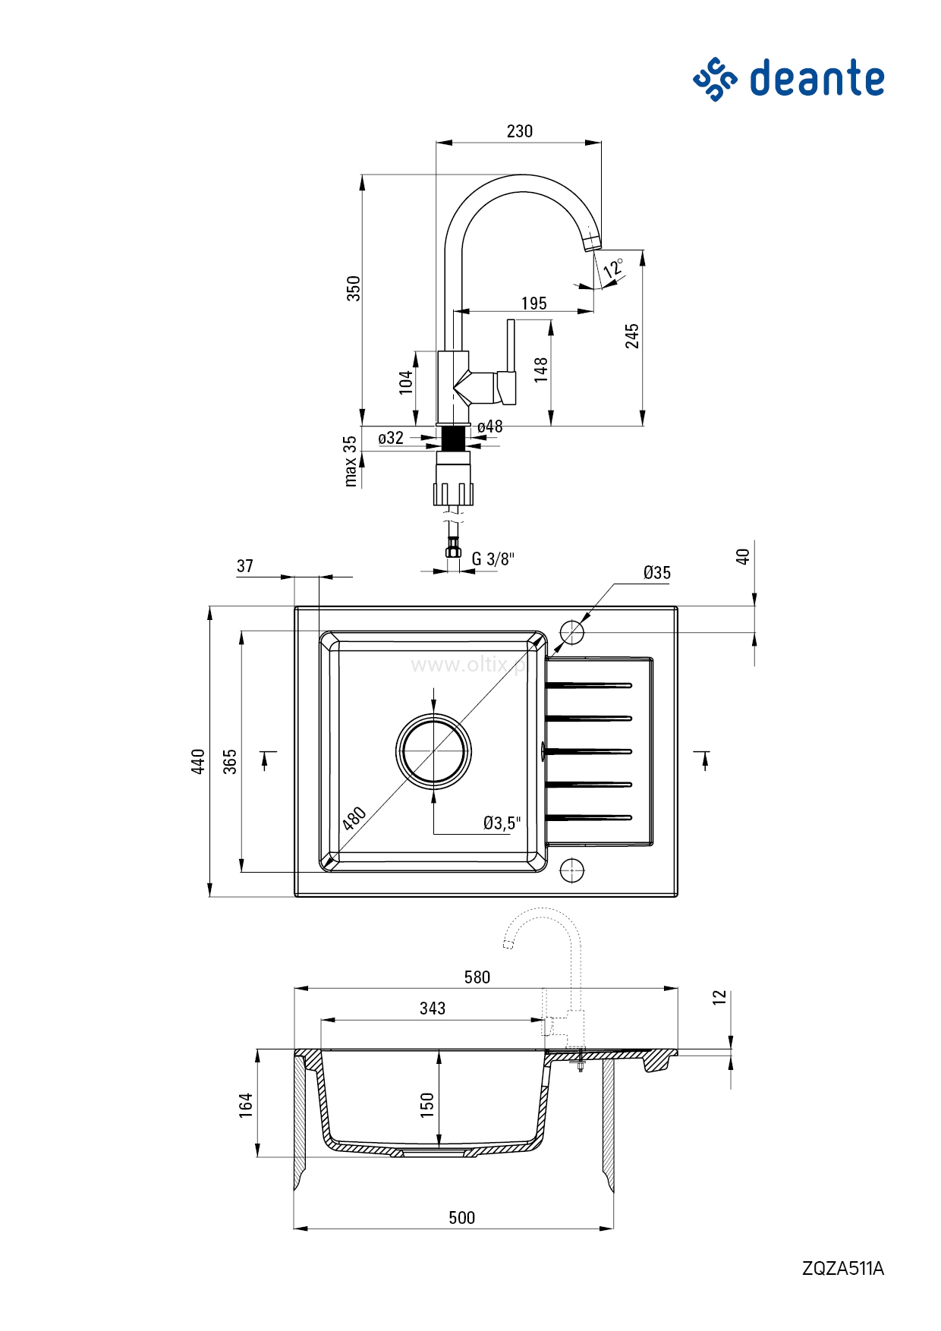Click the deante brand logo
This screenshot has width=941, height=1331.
(789, 79)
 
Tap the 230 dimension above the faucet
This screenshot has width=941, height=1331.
(520, 131)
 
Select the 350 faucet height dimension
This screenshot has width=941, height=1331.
(354, 288)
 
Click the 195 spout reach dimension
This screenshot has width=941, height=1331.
(533, 304)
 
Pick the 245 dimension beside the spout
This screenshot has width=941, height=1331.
(632, 336)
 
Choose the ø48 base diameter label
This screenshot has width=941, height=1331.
(490, 426)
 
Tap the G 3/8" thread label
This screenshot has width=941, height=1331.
(493, 559)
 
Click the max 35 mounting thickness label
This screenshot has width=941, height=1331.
(350, 461)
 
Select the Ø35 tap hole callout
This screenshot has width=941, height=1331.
(656, 573)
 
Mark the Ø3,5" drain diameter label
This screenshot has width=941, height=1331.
(502, 823)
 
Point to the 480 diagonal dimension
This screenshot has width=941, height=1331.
(354, 818)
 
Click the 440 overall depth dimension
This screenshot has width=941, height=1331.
(198, 761)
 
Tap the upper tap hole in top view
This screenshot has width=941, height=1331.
(572, 631)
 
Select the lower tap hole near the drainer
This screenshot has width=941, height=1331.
(572, 870)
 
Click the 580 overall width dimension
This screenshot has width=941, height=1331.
(477, 977)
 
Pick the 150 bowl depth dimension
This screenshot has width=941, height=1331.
(427, 1104)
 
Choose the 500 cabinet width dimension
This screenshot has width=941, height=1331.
(461, 1218)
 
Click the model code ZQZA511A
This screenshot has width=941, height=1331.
(842, 1268)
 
